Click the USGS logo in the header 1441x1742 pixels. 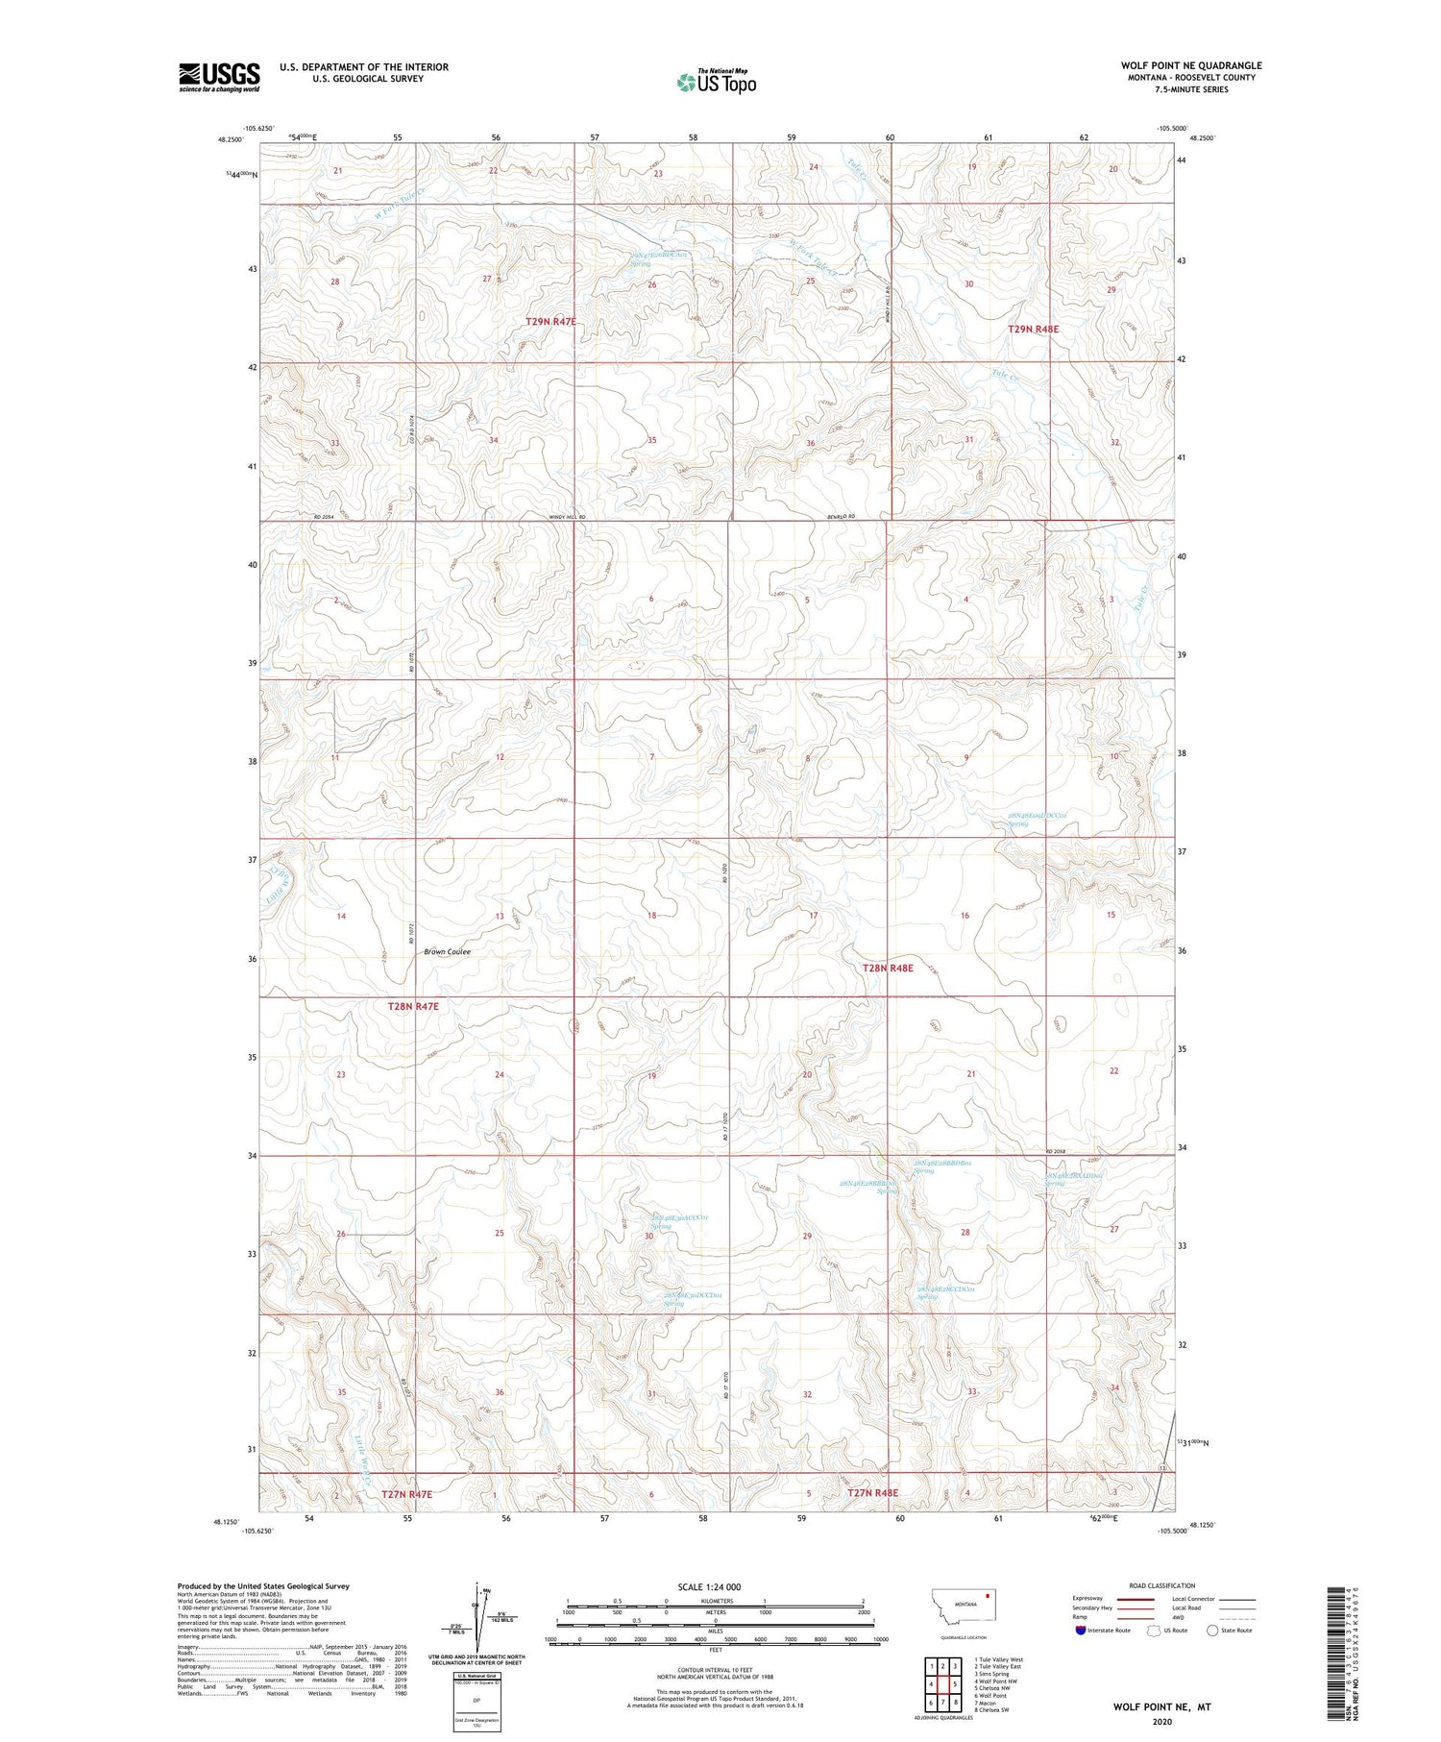click(x=219, y=77)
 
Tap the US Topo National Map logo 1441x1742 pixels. click(x=716, y=82)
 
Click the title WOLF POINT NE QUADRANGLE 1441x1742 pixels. click(x=1190, y=65)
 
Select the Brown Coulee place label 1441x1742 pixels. click(x=447, y=951)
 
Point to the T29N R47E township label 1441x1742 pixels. click(x=550, y=321)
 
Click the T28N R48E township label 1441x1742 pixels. click(x=886, y=969)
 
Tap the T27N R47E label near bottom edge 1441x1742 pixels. click(x=406, y=1494)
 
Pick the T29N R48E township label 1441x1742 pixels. click(x=1033, y=329)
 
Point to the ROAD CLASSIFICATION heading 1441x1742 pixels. click(x=1161, y=1585)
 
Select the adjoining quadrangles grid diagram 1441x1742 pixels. click(x=942, y=1677)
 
